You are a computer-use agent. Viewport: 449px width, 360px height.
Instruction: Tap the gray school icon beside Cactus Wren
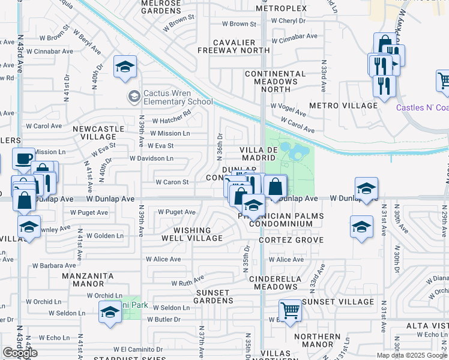click(x=133, y=96)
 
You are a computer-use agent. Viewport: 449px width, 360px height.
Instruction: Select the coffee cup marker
click(x=23, y=160)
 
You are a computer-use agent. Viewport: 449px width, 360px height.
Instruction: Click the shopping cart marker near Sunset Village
click(x=290, y=311)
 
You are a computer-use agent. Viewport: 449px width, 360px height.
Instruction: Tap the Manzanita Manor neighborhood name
click(x=87, y=280)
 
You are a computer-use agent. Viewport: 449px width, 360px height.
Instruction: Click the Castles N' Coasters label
click(x=421, y=108)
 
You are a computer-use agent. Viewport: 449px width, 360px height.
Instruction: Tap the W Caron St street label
click(x=172, y=182)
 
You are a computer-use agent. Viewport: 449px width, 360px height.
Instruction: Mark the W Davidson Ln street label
click(x=151, y=158)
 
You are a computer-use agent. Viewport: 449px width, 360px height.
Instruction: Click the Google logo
click(x=20, y=353)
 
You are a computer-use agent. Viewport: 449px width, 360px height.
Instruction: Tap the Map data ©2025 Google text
click(x=411, y=355)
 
